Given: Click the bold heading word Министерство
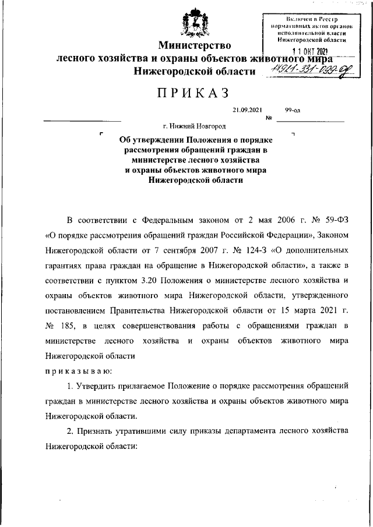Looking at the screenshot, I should tap(195, 45).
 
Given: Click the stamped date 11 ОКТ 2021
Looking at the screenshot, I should tap(308, 51).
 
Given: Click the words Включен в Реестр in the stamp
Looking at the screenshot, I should tap(308, 20).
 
